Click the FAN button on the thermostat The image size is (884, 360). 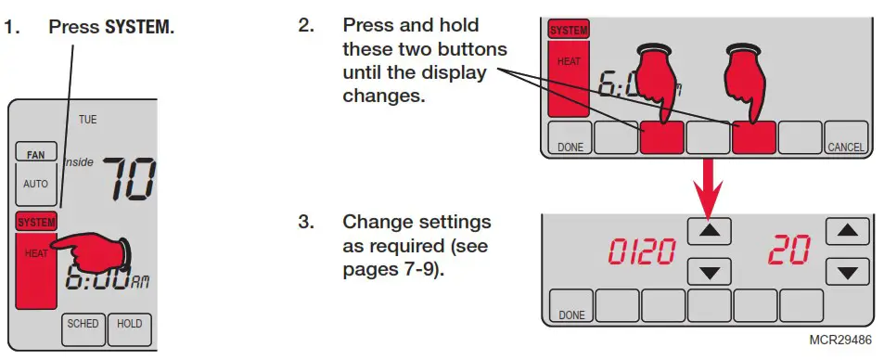36,153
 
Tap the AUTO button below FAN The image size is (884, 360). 36,184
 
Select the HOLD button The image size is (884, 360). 129,324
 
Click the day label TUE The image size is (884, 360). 87,120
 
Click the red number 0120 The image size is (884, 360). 642,251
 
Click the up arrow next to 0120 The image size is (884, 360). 710,229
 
